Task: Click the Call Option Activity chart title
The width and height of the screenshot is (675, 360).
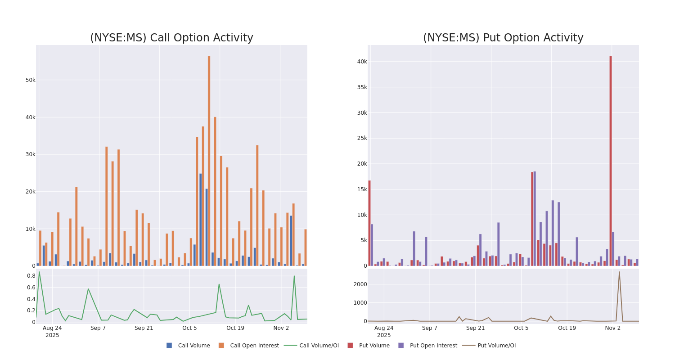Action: (171, 38)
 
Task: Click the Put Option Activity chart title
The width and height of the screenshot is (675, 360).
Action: (503, 38)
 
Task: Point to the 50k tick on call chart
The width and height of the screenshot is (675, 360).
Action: (30, 80)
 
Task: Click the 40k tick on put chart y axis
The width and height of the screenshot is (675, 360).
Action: (362, 62)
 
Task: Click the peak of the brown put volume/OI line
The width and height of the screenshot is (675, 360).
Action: (619, 272)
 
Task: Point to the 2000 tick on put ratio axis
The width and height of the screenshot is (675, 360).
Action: (360, 284)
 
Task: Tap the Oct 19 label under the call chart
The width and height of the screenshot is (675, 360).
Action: (235, 328)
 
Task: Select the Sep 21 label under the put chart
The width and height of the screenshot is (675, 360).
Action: (475, 328)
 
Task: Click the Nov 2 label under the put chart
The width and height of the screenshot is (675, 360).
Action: (612, 328)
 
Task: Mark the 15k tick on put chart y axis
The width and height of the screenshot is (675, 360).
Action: (362, 189)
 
